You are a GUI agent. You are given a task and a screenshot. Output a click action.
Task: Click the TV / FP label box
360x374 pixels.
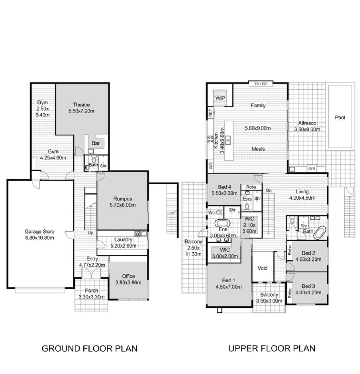(x=261, y=84)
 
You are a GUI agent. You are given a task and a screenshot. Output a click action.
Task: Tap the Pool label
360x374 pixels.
(x=340, y=118)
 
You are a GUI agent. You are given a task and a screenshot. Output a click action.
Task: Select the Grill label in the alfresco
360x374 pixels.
(x=311, y=169)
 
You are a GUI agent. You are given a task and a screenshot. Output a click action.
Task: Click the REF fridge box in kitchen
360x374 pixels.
(x=210, y=113)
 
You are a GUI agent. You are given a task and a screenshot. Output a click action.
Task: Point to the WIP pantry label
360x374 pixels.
(x=220, y=98)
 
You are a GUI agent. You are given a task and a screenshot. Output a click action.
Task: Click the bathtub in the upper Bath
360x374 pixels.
(x=320, y=233)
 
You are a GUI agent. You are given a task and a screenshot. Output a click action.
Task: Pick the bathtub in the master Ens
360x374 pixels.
(x=222, y=223)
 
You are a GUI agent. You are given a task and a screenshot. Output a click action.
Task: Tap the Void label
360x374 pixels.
(x=262, y=268)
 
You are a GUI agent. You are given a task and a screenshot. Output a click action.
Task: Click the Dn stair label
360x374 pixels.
(x=269, y=190)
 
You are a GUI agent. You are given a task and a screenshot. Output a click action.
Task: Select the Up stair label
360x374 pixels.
(x=90, y=232)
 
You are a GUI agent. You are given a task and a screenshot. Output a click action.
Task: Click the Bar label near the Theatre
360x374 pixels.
(x=96, y=143)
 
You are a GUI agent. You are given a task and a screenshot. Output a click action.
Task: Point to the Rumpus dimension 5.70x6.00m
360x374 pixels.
(x=123, y=205)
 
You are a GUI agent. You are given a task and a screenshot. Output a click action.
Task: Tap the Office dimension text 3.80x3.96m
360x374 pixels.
(x=128, y=282)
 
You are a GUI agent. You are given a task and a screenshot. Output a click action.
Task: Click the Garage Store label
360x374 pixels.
(x=40, y=231)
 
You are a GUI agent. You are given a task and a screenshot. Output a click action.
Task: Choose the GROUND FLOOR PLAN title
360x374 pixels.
(x=90, y=348)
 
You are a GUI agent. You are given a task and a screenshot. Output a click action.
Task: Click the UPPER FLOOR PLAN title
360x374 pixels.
(x=272, y=348)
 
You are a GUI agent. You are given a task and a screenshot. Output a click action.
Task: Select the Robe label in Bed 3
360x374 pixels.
(x=290, y=293)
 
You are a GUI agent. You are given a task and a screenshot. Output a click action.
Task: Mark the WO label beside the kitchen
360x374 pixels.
(x=211, y=166)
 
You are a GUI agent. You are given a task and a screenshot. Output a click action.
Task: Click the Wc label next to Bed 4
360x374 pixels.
(x=212, y=213)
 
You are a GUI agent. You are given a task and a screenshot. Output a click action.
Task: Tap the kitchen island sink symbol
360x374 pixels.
(x=228, y=140)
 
